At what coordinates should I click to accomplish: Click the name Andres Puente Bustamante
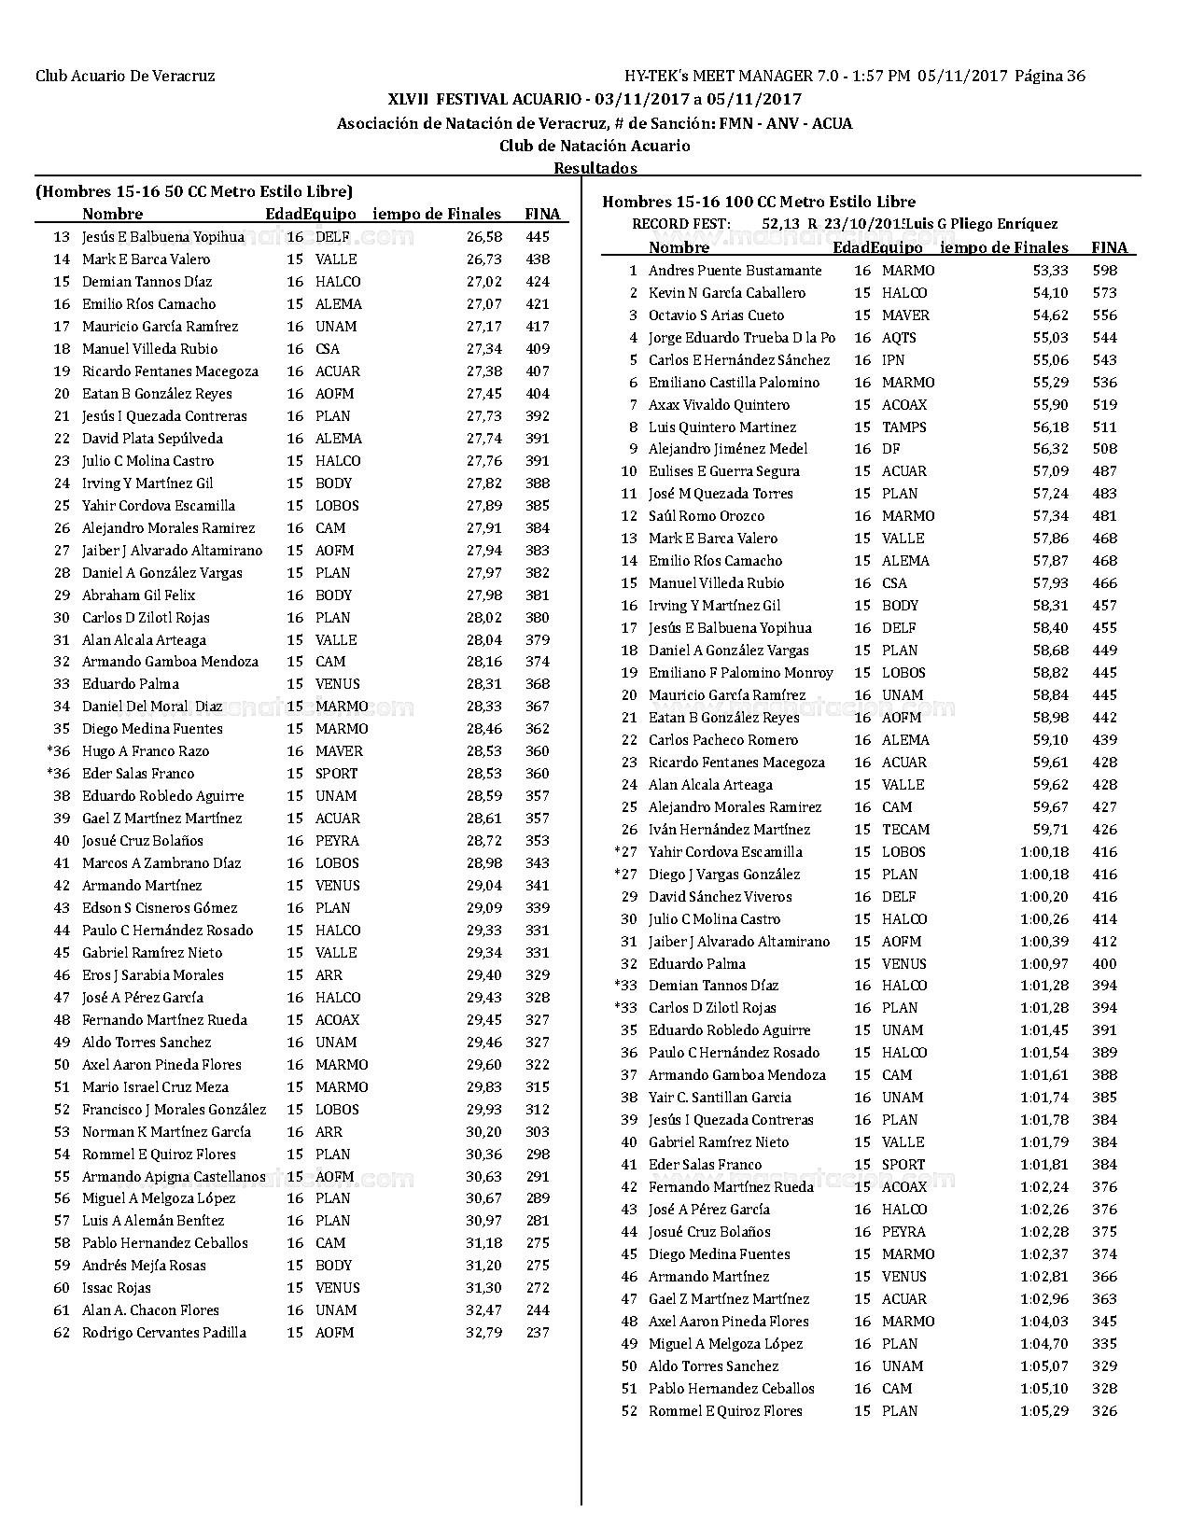(x=735, y=271)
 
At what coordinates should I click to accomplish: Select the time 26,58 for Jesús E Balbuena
(x=484, y=237)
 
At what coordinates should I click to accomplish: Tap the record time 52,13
(x=781, y=224)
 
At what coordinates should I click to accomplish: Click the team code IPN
(x=893, y=360)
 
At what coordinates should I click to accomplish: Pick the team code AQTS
(x=899, y=338)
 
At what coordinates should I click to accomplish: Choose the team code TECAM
(x=905, y=830)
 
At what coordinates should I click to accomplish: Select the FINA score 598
(x=1104, y=271)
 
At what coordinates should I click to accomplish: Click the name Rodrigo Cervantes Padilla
(x=164, y=1333)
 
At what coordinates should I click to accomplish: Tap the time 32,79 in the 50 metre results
(x=483, y=1333)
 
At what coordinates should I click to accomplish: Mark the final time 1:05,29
(x=1044, y=1411)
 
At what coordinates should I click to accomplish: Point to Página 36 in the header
(x=1050, y=77)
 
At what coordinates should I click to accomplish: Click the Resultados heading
(x=595, y=169)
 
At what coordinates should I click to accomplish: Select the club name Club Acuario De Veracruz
(x=125, y=77)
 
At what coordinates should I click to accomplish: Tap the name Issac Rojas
(x=117, y=1288)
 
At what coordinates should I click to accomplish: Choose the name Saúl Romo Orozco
(x=706, y=516)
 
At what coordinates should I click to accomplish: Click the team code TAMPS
(x=903, y=427)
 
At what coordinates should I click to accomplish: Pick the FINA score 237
(x=538, y=1333)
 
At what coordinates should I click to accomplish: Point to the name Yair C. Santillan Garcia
(x=720, y=1098)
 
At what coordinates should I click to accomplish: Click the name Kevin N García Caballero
(x=726, y=293)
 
